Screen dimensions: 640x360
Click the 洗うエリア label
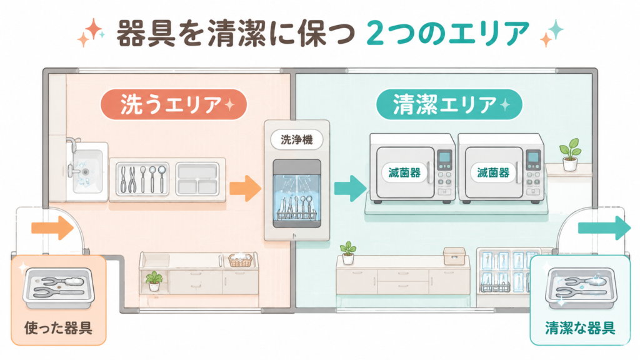click(x=174, y=104)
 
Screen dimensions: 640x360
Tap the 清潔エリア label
click(x=449, y=104)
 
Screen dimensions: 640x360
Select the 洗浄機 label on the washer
click(x=297, y=140)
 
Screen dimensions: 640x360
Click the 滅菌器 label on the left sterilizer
click(x=404, y=173)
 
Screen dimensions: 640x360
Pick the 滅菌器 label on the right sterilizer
click(x=493, y=173)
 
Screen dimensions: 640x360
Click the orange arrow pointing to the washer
click(x=245, y=188)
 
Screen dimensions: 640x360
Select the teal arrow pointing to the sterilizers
click(x=350, y=188)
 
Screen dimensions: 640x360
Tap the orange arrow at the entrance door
click(x=52, y=227)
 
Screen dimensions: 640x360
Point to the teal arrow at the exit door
click(x=604, y=227)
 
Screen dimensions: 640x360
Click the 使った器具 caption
click(x=58, y=327)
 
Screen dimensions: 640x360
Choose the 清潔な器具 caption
click(x=580, y=327)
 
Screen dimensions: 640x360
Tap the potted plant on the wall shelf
click(x=570, y=155)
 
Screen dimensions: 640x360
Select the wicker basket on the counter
click(x=240, y=259)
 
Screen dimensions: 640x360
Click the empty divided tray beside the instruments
click(x=197, y=179)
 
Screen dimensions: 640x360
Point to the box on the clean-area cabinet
click(x=454, y=256)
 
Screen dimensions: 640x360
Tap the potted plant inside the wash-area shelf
click(x=154, y=281)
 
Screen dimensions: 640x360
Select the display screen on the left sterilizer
click(x=444, y=157)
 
